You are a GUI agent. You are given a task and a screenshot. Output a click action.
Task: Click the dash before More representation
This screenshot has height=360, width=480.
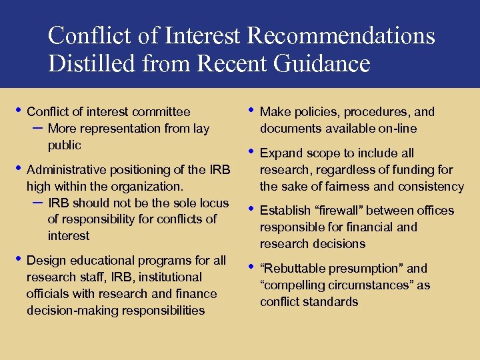[x=37, y=127]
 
